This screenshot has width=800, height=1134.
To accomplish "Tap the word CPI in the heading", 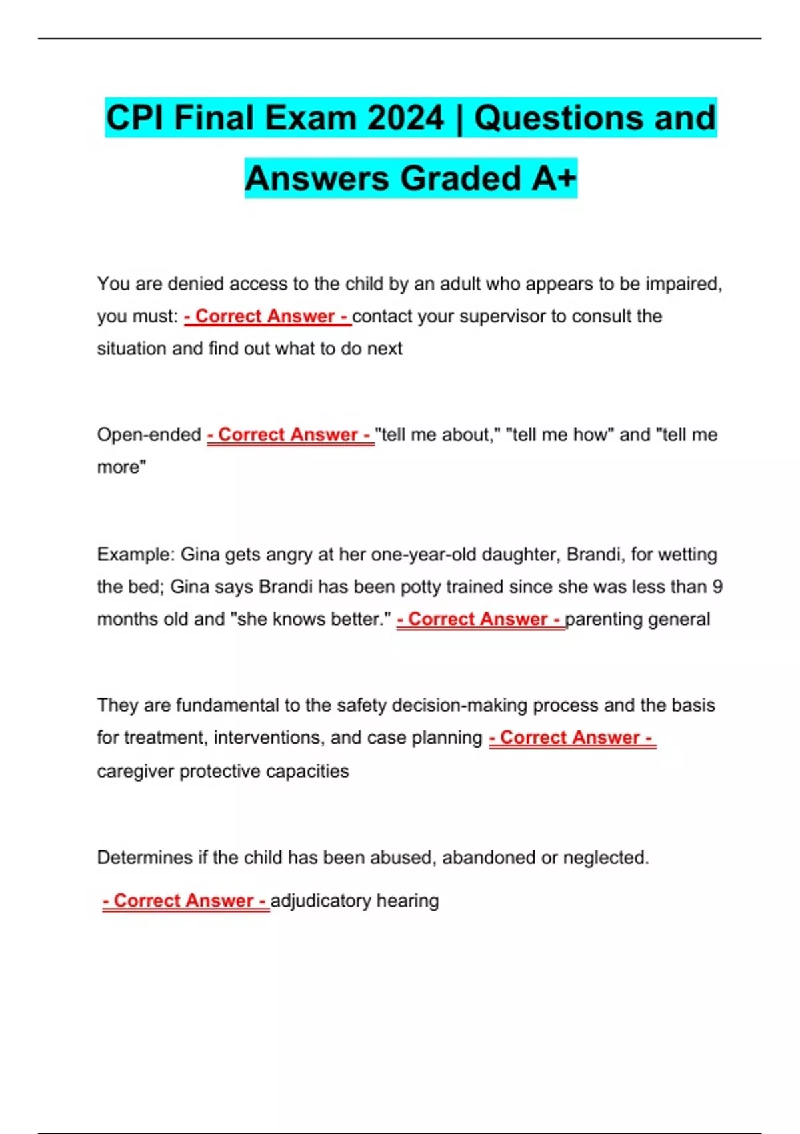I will [135, 118].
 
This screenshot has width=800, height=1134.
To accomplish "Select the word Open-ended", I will [149, 435].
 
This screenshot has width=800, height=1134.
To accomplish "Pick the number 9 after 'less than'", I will [717, 587].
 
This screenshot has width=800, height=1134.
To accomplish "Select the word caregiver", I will [135, 771].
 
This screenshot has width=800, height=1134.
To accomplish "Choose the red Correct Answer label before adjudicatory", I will [185, 901].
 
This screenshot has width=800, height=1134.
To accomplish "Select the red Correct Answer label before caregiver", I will [572, 738].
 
